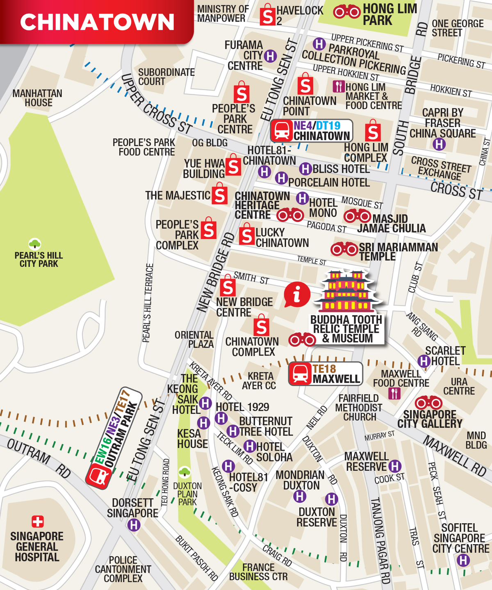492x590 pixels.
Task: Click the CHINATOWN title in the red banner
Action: (x=97, y=22)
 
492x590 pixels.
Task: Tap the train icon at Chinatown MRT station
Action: (x=281, y=131)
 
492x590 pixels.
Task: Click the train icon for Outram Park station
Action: (x=99, y=477)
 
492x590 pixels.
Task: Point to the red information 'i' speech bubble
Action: (x=297, y=294)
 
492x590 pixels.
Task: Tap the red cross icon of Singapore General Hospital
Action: (x=37, y=522)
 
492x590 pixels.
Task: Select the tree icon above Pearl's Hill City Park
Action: (x=35, y=244)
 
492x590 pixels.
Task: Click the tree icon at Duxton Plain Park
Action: (x=184, y=472)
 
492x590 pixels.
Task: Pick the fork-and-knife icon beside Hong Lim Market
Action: (x=338, y=86)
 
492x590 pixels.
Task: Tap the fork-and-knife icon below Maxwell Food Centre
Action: (x=394, y=394)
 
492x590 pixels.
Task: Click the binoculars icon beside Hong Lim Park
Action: (x=347, y=12)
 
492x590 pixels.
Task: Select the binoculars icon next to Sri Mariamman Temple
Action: (x=344, y=249)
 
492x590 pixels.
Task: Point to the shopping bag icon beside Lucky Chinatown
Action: (x=246, y=234)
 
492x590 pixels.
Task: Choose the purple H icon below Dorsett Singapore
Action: (x=134, y=525)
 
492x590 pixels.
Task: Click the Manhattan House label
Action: (x=37, y=98)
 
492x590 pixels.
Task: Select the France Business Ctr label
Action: (x=258, y=572)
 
